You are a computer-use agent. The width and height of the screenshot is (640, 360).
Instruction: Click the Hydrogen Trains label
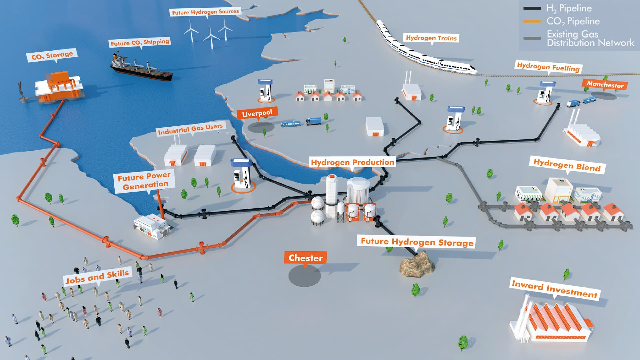[x=431, y=38]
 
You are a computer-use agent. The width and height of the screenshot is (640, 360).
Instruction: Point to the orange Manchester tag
[x=605, y=84]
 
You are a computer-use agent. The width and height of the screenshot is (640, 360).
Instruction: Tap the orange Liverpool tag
[x=257, y=113]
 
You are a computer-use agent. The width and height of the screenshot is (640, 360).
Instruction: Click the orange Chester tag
[x=305, y=258]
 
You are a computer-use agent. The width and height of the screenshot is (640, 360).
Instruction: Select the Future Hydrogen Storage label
[x=417, y=242]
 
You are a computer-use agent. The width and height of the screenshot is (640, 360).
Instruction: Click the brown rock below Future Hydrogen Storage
[x=418, y=264]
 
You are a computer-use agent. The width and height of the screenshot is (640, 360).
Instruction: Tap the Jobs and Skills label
[x=97, y=277]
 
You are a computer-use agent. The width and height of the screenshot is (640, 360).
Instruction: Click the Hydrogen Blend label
[x=567, y=165]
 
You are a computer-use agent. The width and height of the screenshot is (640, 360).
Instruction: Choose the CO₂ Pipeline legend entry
[x=572, y=21]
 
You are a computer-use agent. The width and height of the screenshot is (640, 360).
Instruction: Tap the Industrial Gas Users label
[x=190, y=129]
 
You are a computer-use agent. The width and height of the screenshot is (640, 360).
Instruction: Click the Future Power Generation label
[x=144, y=181]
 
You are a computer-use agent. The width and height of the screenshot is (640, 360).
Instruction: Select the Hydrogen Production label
[x=352, y=162]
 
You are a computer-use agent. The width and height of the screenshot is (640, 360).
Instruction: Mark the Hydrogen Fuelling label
[x=548, y=67]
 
